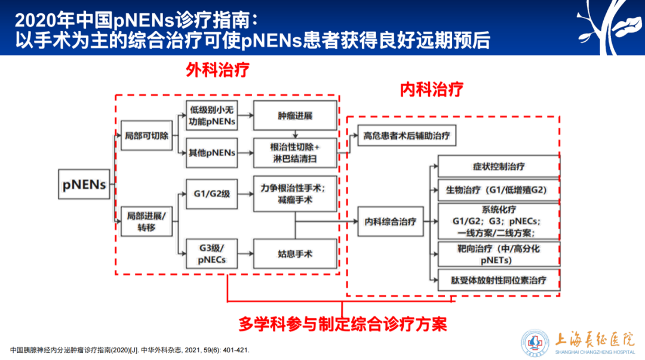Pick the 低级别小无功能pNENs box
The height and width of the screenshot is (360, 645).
pyautogui.click(x=213, y=116)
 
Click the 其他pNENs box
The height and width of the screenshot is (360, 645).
pyautogui.click(x=213, y=153)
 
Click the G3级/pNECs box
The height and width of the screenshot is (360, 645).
pyautogui.click(x=213, y=254)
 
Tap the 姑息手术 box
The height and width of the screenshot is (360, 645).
pyautogui.click(x=295, y=254)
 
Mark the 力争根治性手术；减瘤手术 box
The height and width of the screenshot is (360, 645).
pyautogui.click(x=295, y=193)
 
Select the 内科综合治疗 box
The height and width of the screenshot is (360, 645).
pyautogui.click(x=390, y=221)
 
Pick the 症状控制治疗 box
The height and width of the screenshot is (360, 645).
pyautogui.click(x=499, y=167)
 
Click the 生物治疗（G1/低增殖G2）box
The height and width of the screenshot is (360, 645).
pyautogui.click(x=499, y=190)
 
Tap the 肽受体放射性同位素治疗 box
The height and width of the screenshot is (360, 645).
pyautogui.click(x=499, y=279)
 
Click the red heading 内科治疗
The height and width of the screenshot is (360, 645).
pyautogui.click(x=431, y=90)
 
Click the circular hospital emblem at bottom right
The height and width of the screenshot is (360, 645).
pyautogui.click(x=535, y=343)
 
